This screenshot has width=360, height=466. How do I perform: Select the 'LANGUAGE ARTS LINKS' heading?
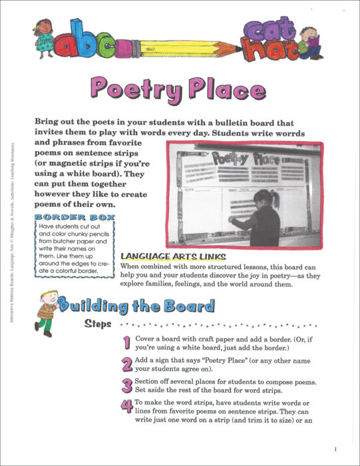[x=172, y=256]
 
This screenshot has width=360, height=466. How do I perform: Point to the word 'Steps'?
[x=98, y=325]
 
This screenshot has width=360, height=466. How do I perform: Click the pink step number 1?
[x=126, y=343]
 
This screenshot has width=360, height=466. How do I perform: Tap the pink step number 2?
[x=127, y=364]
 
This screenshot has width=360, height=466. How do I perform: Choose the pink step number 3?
[x=127, y=386]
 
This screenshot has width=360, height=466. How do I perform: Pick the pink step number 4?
[x=127, y=407]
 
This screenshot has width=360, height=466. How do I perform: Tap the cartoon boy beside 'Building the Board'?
[x=46, y=312]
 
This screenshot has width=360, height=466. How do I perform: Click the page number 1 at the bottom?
[x=336, y=449]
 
